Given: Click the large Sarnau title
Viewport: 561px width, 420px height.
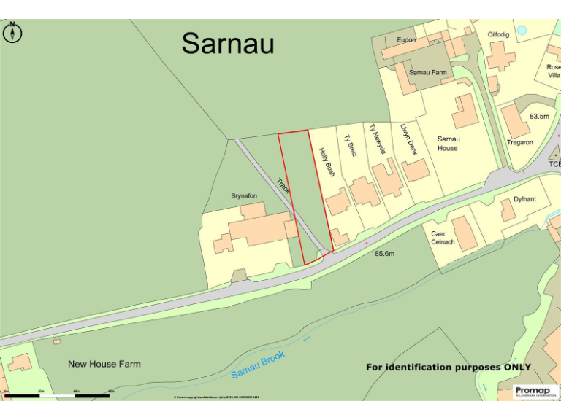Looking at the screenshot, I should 228,44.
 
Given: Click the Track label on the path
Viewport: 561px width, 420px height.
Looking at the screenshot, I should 283,186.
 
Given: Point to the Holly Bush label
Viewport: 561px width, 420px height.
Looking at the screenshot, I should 327,163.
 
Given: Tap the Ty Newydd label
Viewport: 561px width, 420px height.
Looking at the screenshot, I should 377,139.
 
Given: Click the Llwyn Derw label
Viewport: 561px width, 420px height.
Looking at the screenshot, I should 408,137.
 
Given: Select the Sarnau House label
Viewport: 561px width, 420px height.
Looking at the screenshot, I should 448,143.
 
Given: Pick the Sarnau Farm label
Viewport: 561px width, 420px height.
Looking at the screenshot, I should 427,72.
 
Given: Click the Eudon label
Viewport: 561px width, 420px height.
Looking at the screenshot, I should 406,40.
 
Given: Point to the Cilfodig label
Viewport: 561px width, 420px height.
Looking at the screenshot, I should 499,34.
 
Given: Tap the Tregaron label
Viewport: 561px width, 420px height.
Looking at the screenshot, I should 519,143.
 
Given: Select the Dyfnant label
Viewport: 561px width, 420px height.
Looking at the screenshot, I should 524,198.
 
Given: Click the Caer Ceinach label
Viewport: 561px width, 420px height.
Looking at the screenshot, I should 443,238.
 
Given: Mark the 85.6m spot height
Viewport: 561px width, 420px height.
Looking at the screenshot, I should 384,254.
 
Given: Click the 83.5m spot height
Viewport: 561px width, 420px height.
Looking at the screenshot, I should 539,116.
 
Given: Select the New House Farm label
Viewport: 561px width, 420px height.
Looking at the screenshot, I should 104,364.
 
